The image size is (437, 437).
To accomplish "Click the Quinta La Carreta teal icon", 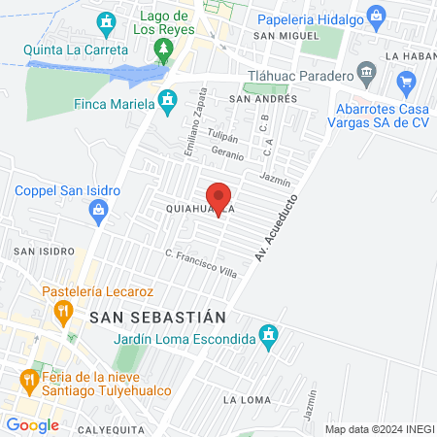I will tap(107, 20).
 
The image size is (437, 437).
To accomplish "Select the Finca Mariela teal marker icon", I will tap(168, 99).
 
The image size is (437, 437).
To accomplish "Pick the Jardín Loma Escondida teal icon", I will tap(271, 338).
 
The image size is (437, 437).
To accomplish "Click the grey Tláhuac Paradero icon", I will tap(366, 72).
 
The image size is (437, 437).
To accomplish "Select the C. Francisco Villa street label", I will tap(201, 263).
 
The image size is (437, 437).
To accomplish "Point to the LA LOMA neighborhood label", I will tap(243, 399).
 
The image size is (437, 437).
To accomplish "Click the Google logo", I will tap(32, 424).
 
